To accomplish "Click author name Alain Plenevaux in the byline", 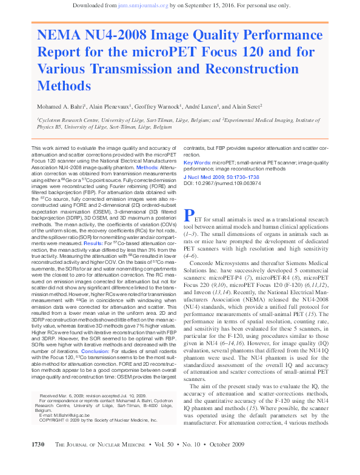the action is tap(119, 106).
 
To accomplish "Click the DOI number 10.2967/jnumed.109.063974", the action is tap(242, 183).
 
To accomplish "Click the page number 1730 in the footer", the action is tap(38, 462).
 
